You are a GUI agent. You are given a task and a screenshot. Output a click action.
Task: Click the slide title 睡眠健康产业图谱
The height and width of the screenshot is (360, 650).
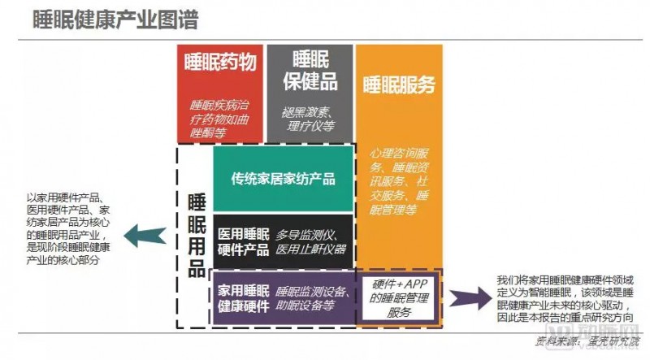click(x=115, y=20)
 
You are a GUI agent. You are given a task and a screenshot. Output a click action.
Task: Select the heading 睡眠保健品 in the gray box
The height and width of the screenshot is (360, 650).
click(x=310, y=71)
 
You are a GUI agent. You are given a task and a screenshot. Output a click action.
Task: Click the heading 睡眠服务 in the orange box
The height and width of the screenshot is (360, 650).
click(x=399, y=85)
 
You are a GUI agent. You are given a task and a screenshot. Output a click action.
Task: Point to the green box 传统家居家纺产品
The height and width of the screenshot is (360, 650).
click(x=283, y=179)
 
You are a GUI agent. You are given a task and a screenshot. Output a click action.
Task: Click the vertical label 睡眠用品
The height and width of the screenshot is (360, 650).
click(x=196, y=236)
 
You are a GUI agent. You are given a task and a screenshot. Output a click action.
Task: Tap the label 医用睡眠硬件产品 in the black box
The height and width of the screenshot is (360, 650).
click(x=244, y=241)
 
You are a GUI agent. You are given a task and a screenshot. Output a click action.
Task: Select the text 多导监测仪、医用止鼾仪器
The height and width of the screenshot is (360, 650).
click(x=310, y=241)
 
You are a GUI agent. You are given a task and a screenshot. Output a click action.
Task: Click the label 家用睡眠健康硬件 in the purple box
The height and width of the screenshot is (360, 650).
click(x=244, y=298)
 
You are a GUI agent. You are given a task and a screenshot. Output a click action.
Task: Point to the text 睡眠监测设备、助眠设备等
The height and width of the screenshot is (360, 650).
click(x=313, y=298)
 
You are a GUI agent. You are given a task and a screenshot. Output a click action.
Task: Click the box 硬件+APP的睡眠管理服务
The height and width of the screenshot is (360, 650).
click(x=399, y=297)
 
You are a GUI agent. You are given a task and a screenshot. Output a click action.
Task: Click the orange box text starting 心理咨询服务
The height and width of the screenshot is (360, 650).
click(x=399, y=180)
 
